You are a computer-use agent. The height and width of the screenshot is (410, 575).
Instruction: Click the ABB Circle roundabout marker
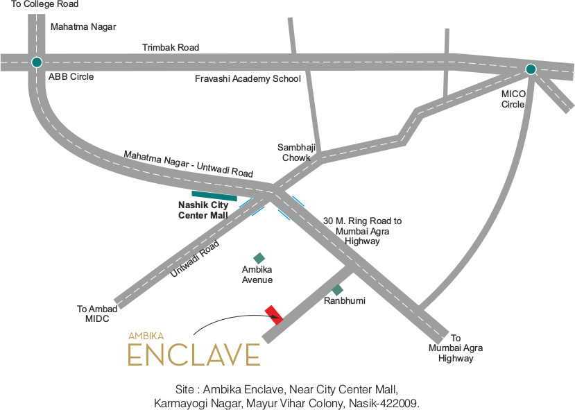[x=36, y=62]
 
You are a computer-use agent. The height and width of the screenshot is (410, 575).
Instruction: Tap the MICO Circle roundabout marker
[x=531, y=69]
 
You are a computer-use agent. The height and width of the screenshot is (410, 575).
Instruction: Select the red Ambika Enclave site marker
[x=273, y=314]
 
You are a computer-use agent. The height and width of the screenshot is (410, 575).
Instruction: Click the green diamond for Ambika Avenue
[x=259, y=258]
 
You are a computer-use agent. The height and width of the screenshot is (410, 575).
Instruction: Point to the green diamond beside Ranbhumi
[x=337, y=289]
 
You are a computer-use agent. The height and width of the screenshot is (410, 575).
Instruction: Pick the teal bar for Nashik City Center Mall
[x=214, y=196]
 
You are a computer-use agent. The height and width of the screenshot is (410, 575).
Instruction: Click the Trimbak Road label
[x=171, y=48]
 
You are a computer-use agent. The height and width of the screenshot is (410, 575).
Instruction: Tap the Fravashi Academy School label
[x=248, y=78]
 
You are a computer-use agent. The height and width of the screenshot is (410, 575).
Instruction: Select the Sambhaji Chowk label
[x=296, y=153]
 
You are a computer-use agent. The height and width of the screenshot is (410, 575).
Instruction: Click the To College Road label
[x=44, y=5]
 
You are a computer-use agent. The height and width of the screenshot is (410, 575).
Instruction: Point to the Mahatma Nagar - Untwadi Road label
[x=189, y=163]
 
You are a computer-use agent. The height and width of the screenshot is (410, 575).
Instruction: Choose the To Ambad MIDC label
[x=93, y=314]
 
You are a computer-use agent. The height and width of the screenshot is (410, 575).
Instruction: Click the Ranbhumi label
[x=345, y=302]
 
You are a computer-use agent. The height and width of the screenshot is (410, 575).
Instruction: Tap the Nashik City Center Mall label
[x=203, y=210]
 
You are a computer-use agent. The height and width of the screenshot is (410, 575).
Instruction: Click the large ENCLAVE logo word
[x=194, y=354]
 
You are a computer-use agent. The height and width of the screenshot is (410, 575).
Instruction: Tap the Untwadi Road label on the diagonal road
[x=195, y=259]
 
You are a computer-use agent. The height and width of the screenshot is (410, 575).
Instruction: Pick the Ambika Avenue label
[x=257, y=275]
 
